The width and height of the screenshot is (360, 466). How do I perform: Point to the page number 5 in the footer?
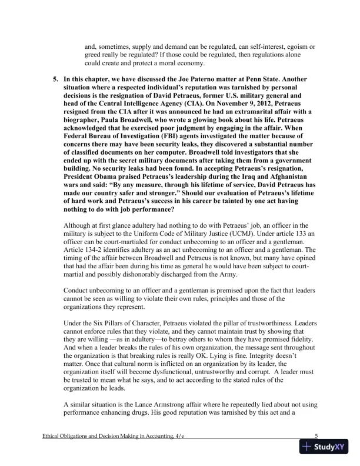(316, 436)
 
